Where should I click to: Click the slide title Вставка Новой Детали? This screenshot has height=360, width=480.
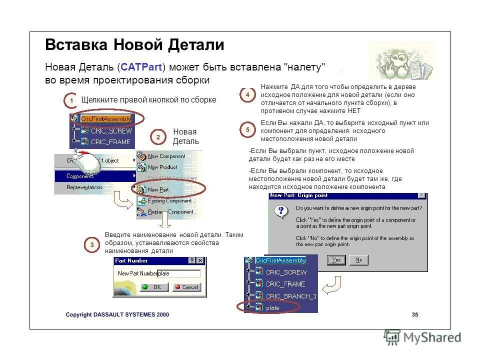pos(134,45)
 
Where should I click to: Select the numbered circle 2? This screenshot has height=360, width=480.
pos(158,137)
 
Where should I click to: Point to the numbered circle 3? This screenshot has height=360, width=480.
pos(92,244)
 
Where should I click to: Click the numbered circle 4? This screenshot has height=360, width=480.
pos(247,94)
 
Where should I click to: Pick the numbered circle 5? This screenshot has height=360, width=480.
pos(247,130)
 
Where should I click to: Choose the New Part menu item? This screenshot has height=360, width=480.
pos(158,189)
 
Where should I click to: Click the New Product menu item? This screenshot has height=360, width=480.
pos(162,167)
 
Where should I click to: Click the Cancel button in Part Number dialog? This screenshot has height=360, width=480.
pos(186,287)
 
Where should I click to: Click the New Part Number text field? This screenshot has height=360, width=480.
pos(178,273)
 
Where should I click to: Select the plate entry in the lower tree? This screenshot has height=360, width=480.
pos(272,307)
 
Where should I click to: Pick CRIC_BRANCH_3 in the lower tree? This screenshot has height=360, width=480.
pos(290,295)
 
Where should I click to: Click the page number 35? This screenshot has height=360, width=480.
pos(414,314)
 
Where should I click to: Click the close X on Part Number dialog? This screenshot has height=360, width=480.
pos(200,260)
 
